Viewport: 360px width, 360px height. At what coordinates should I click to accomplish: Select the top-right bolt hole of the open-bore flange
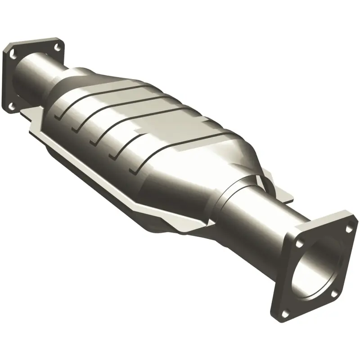click(349, 229)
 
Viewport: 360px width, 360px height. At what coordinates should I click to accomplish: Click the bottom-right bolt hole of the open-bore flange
click(334, 293)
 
